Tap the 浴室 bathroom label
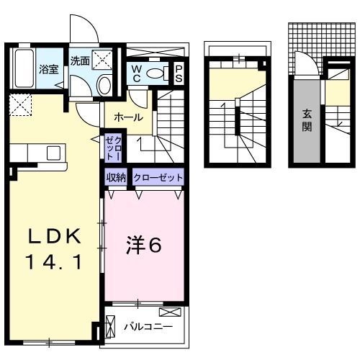click(48, 70)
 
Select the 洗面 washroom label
click(80, 62)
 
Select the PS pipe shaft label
click(179, 73)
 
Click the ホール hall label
click(127, 117)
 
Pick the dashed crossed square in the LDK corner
click(21, 105)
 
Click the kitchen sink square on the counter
click(53, 153)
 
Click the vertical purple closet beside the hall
click(113, 148)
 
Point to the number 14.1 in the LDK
click(54, 264)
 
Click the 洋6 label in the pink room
click(144, 246)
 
